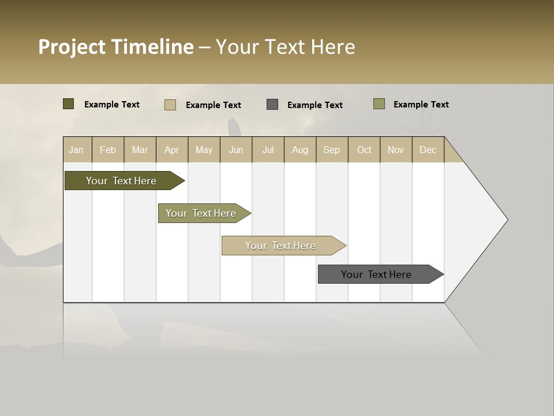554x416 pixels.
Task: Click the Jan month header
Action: (77, 150)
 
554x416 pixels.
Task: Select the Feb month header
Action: (108, 150)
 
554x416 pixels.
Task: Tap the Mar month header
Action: (140, 150)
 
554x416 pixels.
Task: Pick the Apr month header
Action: (172, 150)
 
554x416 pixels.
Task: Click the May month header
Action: (204, 150)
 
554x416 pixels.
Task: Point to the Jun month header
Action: (236, 150)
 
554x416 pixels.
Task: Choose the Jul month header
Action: (268, 150)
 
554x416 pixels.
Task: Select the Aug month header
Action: (300, 150)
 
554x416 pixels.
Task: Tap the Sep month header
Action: (332, 150)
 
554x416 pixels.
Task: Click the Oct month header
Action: (364, 150)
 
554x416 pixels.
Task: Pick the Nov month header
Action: (396, 150)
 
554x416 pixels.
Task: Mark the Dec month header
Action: (428, 150)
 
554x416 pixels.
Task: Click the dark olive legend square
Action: (69, 104)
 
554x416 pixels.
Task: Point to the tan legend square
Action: (170, 105)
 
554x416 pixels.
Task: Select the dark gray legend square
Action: (272, 104)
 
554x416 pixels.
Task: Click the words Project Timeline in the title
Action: (116, 47)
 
